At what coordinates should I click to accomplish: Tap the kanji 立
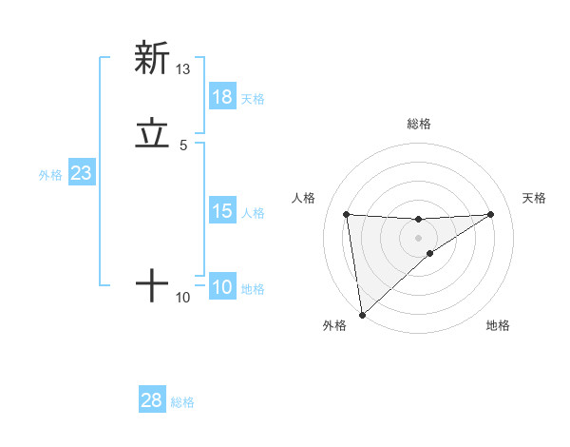(x=152, y=134)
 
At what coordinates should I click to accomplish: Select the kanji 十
(x=152, y=284)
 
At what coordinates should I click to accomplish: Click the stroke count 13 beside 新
(x=183, y=68)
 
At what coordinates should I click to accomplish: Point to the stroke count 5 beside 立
(x=183, y=146)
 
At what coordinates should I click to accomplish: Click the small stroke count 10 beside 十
(x=183, y=298)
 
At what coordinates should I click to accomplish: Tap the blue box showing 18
(x=222, y=97)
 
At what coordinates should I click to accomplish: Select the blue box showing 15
(x=222, y=211)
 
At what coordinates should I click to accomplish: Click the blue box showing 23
(x=81, y=173)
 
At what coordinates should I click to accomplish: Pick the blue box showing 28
(x=152, y=400)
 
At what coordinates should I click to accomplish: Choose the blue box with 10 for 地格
(x=222, y=287)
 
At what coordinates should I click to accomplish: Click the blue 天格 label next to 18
(x=253, y=99)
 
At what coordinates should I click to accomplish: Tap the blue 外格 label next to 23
(x=50, y=175)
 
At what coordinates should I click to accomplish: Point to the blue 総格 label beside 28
(x=182, y=402)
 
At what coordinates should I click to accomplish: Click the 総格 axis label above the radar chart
(x=419, y=124)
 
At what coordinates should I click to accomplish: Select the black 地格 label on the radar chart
(x=498, y=325)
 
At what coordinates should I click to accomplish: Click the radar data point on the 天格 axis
(x=491, y=214)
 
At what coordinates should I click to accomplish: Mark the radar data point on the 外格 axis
(x=362, y=314)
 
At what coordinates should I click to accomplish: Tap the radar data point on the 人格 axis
(x=347, y=214)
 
